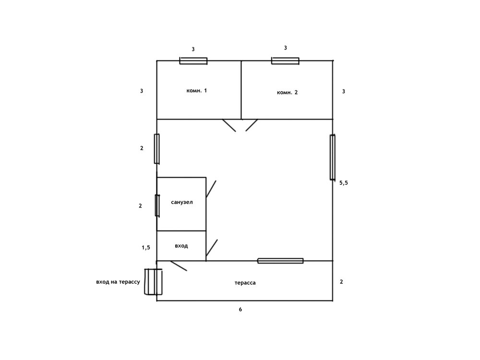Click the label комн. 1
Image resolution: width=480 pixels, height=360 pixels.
(x=196, y=91)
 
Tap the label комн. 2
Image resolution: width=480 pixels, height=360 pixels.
(x=287, y=93)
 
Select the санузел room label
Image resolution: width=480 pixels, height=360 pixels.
(x=182, y=203)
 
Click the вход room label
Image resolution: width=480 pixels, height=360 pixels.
(x=181, y=246)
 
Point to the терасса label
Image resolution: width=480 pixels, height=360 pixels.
(x=245, y=283)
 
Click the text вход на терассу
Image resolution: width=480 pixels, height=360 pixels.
(x=118, y=282)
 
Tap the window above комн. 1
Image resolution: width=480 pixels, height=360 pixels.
(x=193, y=61)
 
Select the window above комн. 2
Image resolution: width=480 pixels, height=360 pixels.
(x=285, y=61)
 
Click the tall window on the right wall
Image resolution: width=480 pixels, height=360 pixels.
(x=333, y=157)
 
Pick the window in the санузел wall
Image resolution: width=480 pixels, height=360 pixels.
(x=157, y=205)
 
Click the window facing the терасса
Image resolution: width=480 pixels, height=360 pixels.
(x=280, y=261)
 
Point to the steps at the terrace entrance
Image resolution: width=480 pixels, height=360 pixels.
(x=153, y=282)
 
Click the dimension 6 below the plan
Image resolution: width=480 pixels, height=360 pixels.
(x=240, y=310)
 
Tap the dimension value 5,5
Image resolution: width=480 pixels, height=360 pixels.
(x=344, y=183)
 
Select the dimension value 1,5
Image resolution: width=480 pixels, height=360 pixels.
(x=146, y=248)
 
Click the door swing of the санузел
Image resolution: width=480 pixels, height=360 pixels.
(x=211, y=189)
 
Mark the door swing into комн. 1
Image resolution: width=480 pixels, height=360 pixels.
(x=229, y=125)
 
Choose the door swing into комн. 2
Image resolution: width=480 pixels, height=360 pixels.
(x=252, y=125)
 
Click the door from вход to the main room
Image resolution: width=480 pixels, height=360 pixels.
(x=212, y=248)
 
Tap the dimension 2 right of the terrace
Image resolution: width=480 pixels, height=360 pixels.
(x=341, y=282)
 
